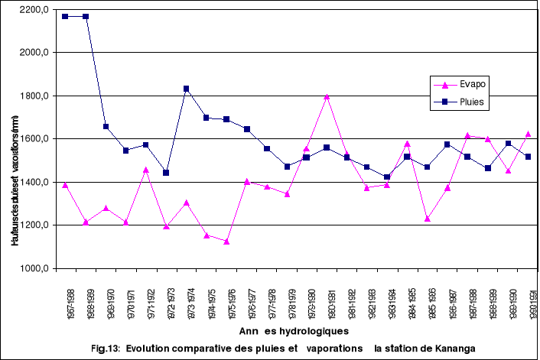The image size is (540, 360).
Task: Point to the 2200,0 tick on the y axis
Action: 34,9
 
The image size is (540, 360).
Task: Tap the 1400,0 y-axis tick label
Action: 34,182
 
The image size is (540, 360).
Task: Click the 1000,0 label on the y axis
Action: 34,268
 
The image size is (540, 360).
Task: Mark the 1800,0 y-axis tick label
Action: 34,96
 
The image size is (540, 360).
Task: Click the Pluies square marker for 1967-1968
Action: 65,16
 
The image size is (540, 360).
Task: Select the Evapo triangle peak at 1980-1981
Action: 327,96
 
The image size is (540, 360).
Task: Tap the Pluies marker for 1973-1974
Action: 186,89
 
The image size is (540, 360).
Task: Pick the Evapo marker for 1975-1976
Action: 226,242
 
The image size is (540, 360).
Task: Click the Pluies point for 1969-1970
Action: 106,126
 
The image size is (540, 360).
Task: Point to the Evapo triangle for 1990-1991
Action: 529,134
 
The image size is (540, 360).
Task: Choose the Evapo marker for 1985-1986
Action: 428,219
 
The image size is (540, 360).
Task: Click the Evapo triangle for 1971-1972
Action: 146,169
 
